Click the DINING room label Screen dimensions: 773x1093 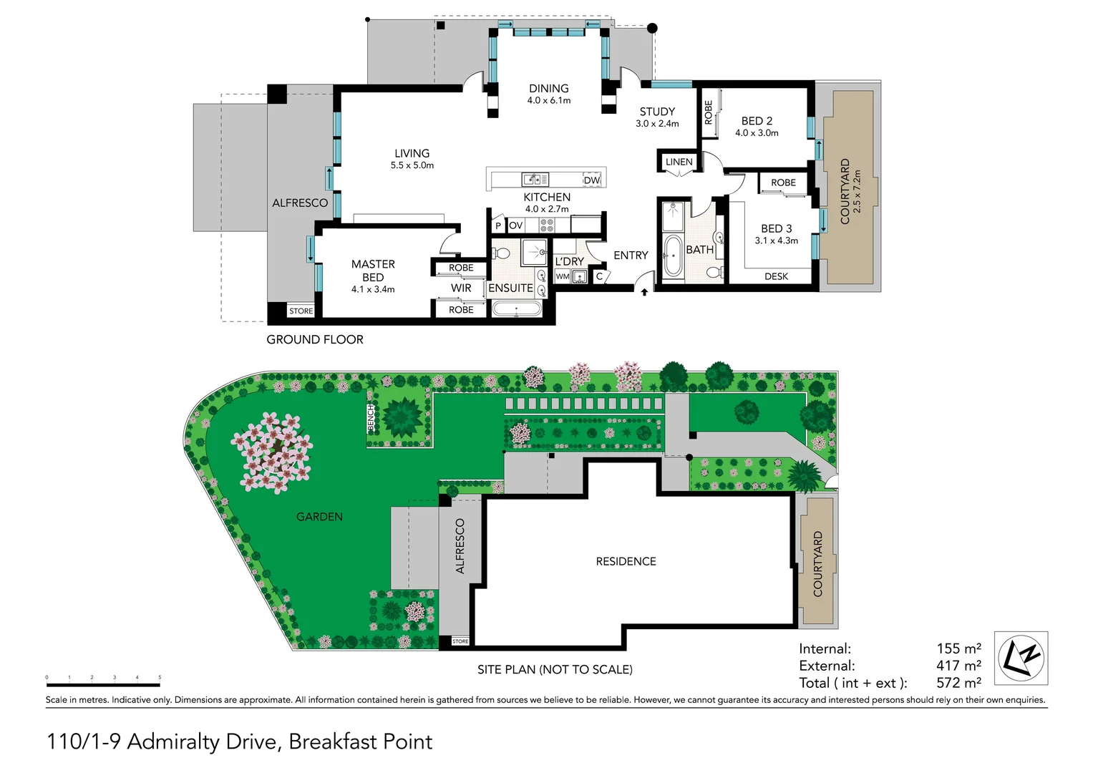coord(548,89)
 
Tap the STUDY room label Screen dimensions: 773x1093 coord(657,112)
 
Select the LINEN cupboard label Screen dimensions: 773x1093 coord(679,162)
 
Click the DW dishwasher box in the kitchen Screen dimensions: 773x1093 coord(591,180)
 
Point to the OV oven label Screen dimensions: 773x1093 coord(515,225)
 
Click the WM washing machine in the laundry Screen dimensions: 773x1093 coord(563,276)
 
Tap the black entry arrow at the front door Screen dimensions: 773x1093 coord(644,292)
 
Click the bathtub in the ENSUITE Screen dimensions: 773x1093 coord(516,309)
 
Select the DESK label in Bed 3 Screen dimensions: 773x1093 coord(776,276)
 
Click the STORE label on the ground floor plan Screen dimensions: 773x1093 coord(301,311)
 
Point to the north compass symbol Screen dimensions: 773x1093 coord(1021,658)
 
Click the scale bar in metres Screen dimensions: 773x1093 coord(103,685)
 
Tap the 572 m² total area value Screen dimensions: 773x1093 coord(958,683)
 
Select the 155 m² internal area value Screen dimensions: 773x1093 coord(958,648)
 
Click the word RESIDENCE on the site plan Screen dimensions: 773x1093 coord(626,562)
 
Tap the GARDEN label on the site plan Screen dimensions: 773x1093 coord(319,517)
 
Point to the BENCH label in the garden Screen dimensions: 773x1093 coord(371,418)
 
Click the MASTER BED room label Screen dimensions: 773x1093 coord(373,271)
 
